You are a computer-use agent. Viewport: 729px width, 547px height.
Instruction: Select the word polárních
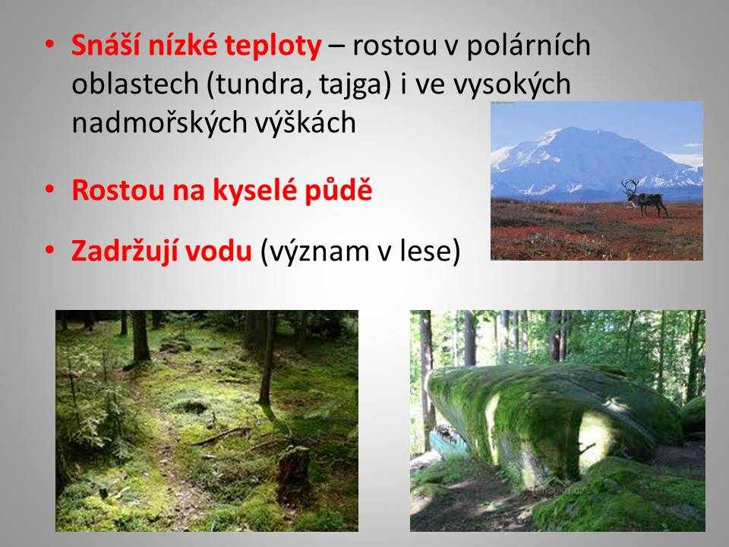coord(529,46)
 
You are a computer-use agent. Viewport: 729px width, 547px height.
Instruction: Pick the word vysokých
coord(512,85)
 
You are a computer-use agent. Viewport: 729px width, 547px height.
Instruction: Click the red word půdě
coord(339,190)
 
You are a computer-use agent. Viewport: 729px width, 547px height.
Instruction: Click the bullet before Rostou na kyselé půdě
coord(50,190)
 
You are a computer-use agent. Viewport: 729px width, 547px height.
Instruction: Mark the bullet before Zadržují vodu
coord(50,250)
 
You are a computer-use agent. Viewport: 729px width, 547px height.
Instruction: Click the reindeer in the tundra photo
coord(646,199)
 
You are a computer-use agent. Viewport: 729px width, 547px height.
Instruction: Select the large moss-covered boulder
coord(554,419)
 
